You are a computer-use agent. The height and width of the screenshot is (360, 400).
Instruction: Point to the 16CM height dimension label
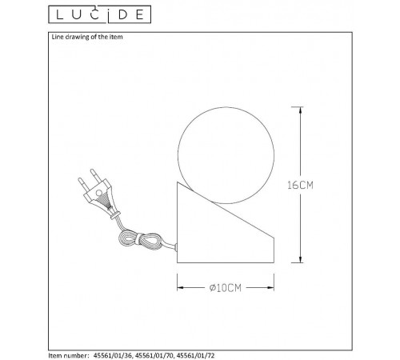[321, 184]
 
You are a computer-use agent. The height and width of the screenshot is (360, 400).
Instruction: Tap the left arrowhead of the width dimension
[179, 288]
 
